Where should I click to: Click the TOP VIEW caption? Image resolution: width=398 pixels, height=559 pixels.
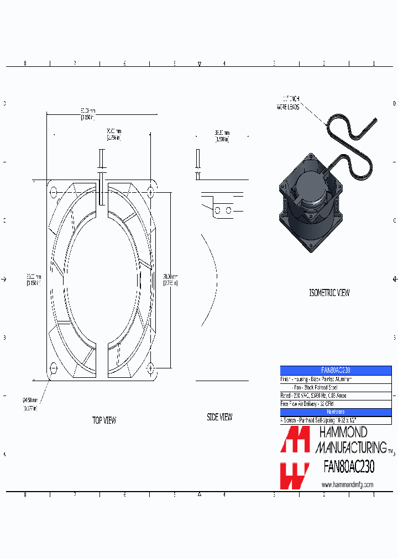[104, 420]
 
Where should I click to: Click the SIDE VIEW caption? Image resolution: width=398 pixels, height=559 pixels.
[219, 418]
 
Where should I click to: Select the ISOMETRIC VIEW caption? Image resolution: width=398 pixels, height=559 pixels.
[329, 293]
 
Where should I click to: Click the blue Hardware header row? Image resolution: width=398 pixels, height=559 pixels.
[336, 412]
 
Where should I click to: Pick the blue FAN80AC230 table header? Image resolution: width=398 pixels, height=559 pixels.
[336, 370]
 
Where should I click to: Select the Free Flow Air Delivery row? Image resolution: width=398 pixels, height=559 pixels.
[336, 404]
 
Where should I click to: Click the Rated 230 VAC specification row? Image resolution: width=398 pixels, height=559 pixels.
[336, 395]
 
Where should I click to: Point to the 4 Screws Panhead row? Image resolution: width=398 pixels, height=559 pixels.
[336, 420]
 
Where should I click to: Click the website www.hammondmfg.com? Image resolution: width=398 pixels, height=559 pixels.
[347, 484]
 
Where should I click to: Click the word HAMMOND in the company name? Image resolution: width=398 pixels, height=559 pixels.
[341, 433]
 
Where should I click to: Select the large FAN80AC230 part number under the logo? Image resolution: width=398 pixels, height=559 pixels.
[349, 467]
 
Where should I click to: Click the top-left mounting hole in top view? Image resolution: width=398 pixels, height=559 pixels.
[54, 192]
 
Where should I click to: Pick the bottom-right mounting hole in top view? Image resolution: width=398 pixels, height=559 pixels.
[151, 368]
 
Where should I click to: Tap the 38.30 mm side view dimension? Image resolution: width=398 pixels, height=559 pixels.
[222, 136]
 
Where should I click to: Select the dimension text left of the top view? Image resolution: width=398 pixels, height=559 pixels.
[33, 279]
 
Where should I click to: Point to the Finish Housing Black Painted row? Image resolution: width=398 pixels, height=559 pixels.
[336, 379]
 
